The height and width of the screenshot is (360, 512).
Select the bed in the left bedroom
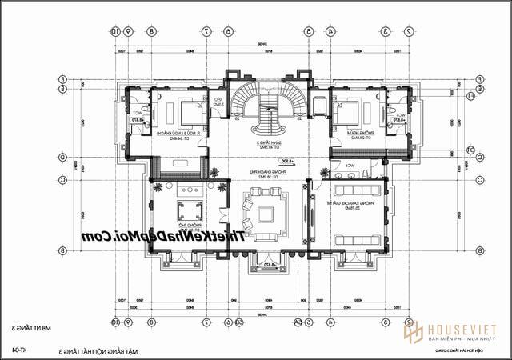coord(190,114)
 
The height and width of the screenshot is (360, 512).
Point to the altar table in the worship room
coord(190,190)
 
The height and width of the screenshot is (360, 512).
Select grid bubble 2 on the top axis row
coord(409,31)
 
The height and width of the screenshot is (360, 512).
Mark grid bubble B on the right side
coord(478,250)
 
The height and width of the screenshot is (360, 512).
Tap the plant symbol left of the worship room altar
coord(160,188)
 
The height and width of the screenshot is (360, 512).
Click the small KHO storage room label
coord(218,102)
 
